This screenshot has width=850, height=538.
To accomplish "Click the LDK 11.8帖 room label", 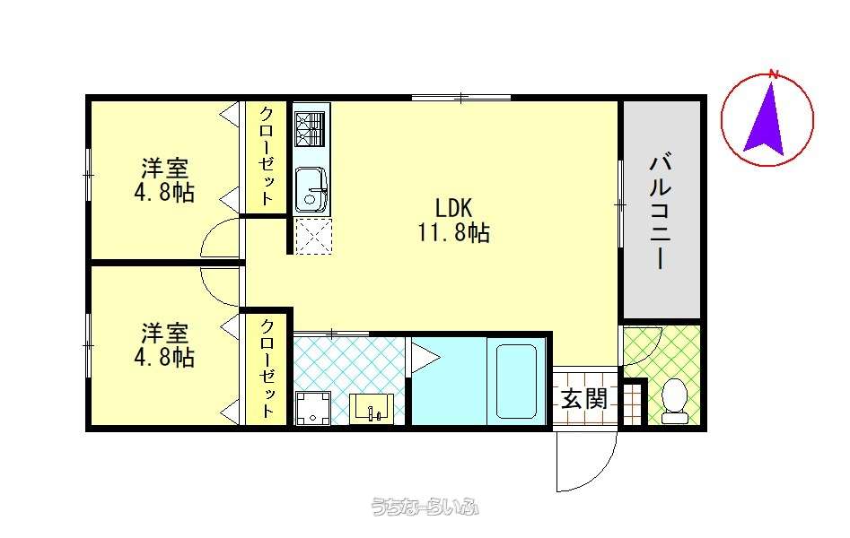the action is coord(454,220).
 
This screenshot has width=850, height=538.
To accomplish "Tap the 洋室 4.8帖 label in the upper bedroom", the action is coord(164,180).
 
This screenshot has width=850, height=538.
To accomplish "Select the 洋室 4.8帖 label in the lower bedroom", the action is coord(164,345).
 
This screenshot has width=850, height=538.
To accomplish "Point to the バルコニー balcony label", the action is coord(661,212).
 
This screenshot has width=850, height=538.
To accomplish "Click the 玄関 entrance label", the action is coord(583,399).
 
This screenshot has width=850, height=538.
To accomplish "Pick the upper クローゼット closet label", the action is coord(267,156).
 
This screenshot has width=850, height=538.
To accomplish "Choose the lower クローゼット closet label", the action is coord(267,369).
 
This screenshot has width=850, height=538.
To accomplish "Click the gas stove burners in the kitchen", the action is coord(311,128).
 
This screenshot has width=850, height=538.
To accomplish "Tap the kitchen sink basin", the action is coord(311,189).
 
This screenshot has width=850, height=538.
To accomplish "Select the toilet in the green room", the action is coord(675,401).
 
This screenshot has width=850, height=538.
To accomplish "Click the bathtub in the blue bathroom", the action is coord(517,382).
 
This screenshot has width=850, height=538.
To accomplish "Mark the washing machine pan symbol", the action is coord(313,408).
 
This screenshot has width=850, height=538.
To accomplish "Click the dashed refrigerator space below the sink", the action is coord(312,235).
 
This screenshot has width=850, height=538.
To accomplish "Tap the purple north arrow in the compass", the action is coord(765,117).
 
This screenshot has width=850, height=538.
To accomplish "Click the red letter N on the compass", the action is coord(774,74).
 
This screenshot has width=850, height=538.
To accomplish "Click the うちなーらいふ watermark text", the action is coord(425,507).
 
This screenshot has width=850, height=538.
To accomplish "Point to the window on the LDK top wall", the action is coord(461,98).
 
